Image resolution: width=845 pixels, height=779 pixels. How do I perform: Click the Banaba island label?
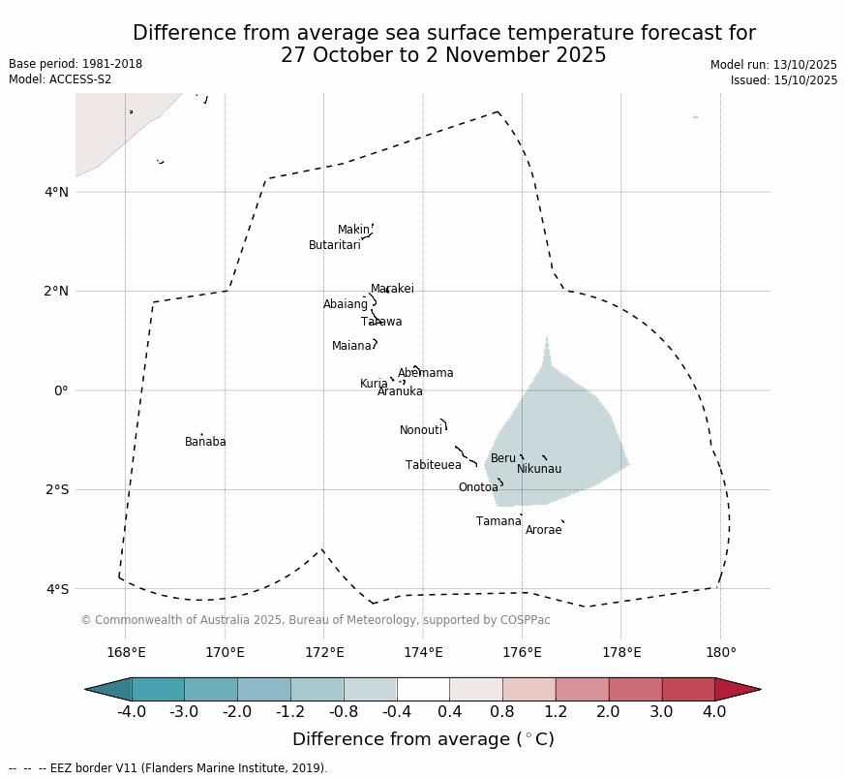tap(205, 443)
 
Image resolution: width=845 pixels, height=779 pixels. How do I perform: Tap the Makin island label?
tap(353, 231)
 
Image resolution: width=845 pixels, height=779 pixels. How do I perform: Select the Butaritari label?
tap(335, 246)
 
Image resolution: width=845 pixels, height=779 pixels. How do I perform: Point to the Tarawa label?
tap(381, 323)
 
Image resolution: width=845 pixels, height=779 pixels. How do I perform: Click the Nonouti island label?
tap(421, 431)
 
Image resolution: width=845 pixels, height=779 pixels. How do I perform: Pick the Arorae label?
tap(543, 531)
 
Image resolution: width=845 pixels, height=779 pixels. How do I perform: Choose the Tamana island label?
tap(498, 522)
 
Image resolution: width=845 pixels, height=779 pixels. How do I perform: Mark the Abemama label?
tap(426, 374)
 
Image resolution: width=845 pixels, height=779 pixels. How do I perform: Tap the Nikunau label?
tap(539, 470)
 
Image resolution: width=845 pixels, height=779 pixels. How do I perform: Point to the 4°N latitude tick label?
tap(57, 192)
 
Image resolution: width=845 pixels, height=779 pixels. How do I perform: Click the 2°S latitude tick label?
tap(57, 490)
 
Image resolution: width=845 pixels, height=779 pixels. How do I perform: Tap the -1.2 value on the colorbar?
tap(290, 712)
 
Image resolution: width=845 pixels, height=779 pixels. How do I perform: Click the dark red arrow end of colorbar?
tap(739, 689)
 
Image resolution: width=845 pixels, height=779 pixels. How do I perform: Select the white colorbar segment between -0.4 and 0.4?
tap(423, 689)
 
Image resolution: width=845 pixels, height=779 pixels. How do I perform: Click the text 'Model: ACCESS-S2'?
tap(60, 79)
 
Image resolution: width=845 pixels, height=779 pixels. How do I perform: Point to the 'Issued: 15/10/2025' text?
tap(784, 80)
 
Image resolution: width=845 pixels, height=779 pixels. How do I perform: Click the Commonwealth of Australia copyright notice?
tap(316, 620)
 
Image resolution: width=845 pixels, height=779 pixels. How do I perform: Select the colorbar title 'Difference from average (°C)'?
tap(423, 740)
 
